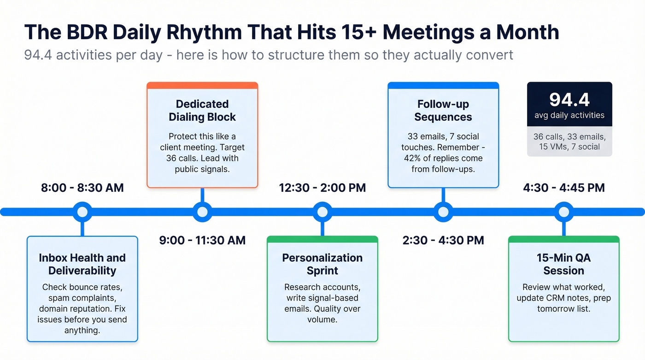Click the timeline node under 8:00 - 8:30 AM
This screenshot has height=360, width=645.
click(82, 212)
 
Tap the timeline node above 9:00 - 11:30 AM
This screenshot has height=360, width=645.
click(202, 212)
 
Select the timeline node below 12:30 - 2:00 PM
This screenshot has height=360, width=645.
click(322, 212)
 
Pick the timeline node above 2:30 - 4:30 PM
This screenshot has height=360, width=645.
click(443, 212)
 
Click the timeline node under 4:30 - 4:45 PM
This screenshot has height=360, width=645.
click(563, 212)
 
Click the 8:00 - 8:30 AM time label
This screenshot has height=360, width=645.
click(82, 188)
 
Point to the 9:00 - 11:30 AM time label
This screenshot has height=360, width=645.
click(202, 240)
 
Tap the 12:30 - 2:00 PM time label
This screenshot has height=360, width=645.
click(322, 188)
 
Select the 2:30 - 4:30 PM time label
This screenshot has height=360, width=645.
click(443, 240)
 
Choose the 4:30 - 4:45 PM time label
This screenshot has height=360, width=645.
click(563, 188)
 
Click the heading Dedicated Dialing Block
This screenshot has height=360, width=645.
click(202, 111)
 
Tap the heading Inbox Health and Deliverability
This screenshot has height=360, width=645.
click(82, 264)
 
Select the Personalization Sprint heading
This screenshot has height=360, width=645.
click(322, 264)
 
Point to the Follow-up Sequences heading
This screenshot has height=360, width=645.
click(443, 111)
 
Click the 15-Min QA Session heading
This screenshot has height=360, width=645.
click(563, 264)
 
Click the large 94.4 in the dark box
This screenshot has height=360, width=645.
click(569, 100)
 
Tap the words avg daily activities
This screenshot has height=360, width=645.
click(569, 115)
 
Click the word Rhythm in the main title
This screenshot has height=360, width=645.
click(202, 32)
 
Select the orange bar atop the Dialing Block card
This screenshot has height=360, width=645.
click(202, 85)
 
